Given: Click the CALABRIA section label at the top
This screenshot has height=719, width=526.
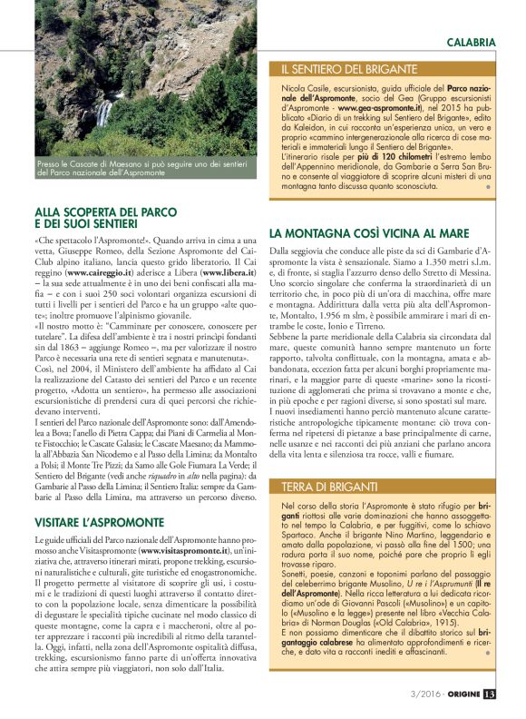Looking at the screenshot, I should coord(471,42).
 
